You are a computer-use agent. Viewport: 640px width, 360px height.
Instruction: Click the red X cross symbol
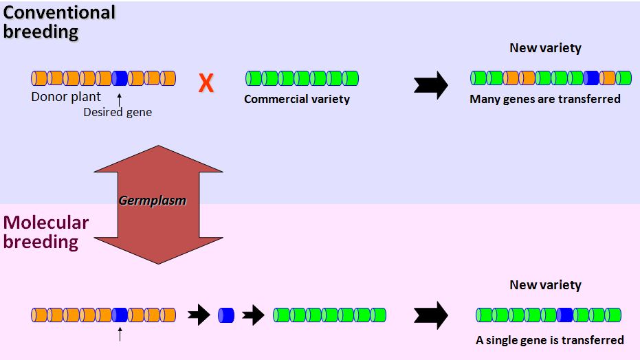206,84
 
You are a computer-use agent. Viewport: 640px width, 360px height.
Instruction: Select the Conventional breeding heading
59,21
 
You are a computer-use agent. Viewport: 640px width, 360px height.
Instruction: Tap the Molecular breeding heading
46,232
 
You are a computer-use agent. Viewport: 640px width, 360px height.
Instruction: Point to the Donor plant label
66,97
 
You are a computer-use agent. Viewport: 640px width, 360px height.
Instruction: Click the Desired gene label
118,112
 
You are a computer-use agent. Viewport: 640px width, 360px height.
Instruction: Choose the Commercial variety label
297,99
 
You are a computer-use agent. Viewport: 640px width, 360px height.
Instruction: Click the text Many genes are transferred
544,99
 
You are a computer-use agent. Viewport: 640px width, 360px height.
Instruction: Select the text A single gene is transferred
549,340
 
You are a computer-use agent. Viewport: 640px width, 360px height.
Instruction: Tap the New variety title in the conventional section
545,48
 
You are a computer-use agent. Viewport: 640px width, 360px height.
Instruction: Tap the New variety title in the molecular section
545,284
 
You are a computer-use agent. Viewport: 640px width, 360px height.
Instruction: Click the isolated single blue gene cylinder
226,315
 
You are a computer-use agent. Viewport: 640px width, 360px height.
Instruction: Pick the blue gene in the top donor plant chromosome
120,78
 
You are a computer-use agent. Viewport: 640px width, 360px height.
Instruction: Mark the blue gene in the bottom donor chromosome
120,315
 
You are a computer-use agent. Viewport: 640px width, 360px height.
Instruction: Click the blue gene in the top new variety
591,78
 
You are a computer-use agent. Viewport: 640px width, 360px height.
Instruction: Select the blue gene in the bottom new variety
565,315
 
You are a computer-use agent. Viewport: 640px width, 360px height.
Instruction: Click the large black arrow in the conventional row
431,85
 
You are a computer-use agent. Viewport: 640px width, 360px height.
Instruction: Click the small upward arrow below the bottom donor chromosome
120,335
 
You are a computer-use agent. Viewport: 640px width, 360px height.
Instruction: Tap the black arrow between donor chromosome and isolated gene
199,315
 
